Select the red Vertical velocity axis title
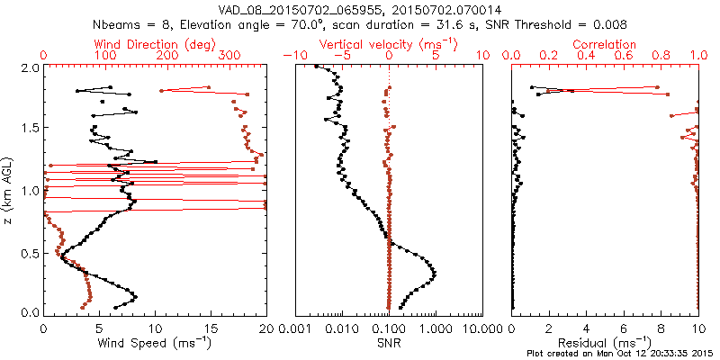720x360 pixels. [x=388, y=44]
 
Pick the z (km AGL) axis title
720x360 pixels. [x=8, y=189]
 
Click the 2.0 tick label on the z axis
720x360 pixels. [x=29, y=68]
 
